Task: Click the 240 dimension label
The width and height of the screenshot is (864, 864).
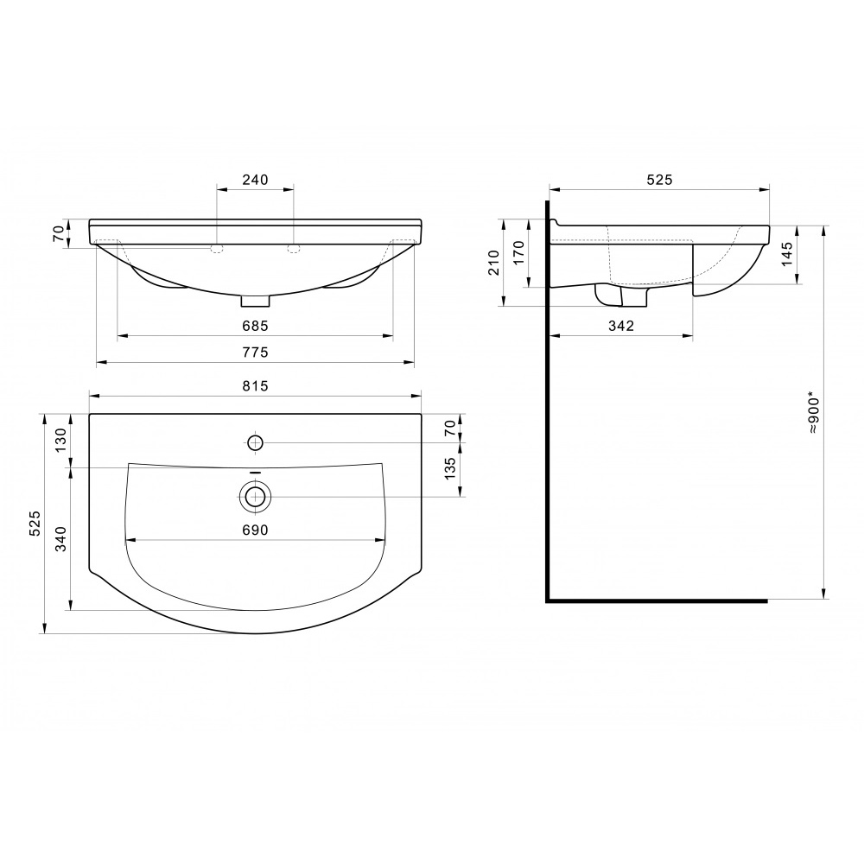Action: (255, 180)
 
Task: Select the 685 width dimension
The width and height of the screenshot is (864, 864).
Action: (255, 326)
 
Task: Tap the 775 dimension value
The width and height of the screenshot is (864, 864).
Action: (255, 353)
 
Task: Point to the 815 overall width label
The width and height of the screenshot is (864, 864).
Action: (255, 385)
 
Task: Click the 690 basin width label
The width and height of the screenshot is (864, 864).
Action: (255, 530)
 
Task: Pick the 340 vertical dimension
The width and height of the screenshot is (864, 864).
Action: (60, 538)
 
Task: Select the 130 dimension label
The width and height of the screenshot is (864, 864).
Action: (60, 439)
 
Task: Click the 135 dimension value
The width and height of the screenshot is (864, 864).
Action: (450, 467)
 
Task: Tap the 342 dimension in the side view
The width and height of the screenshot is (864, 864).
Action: (621, 326)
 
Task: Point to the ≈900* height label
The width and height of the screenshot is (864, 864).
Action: (814, 413)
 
